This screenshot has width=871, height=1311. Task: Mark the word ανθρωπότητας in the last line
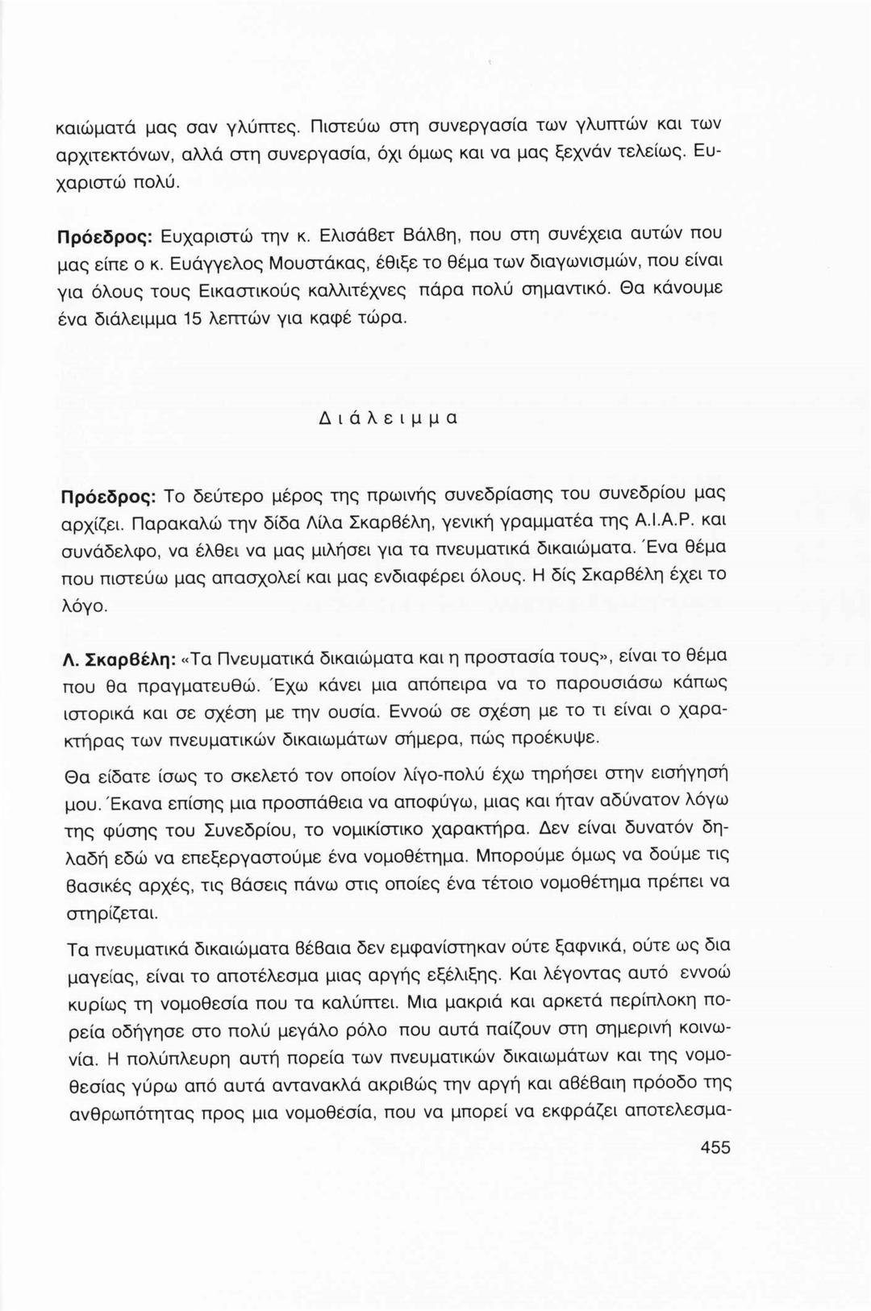(x=127, y=1114)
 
